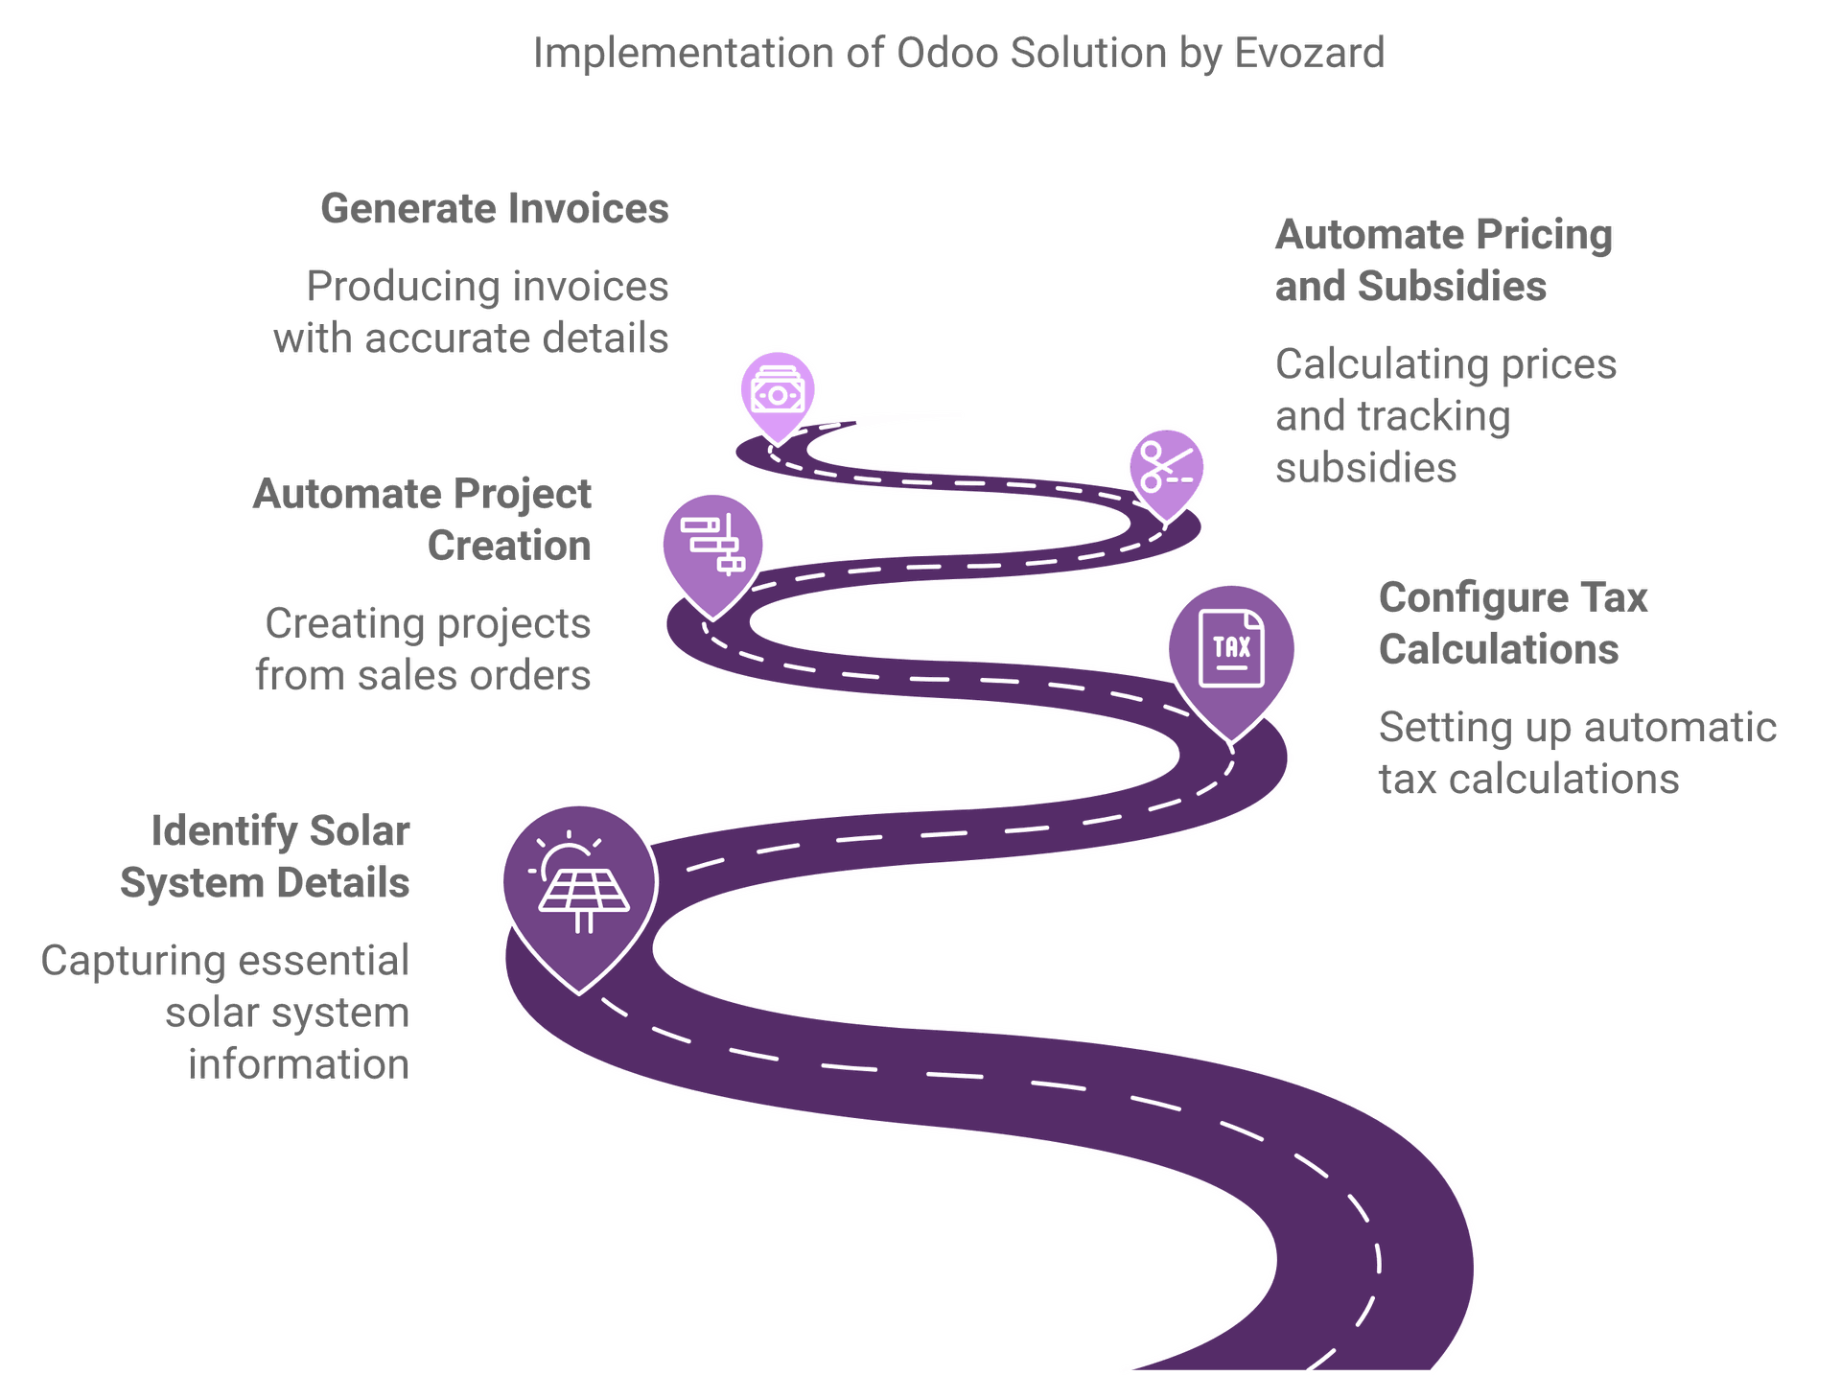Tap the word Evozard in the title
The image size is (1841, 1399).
pyautogui.click(x=1310, y=53)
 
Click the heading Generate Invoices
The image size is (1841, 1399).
pyautogui.click(x=495, y=209)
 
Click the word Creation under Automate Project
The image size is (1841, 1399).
pyautogui.click(x=509, y=546)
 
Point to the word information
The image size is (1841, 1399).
pyautogui.click(x=299, y=1064)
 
